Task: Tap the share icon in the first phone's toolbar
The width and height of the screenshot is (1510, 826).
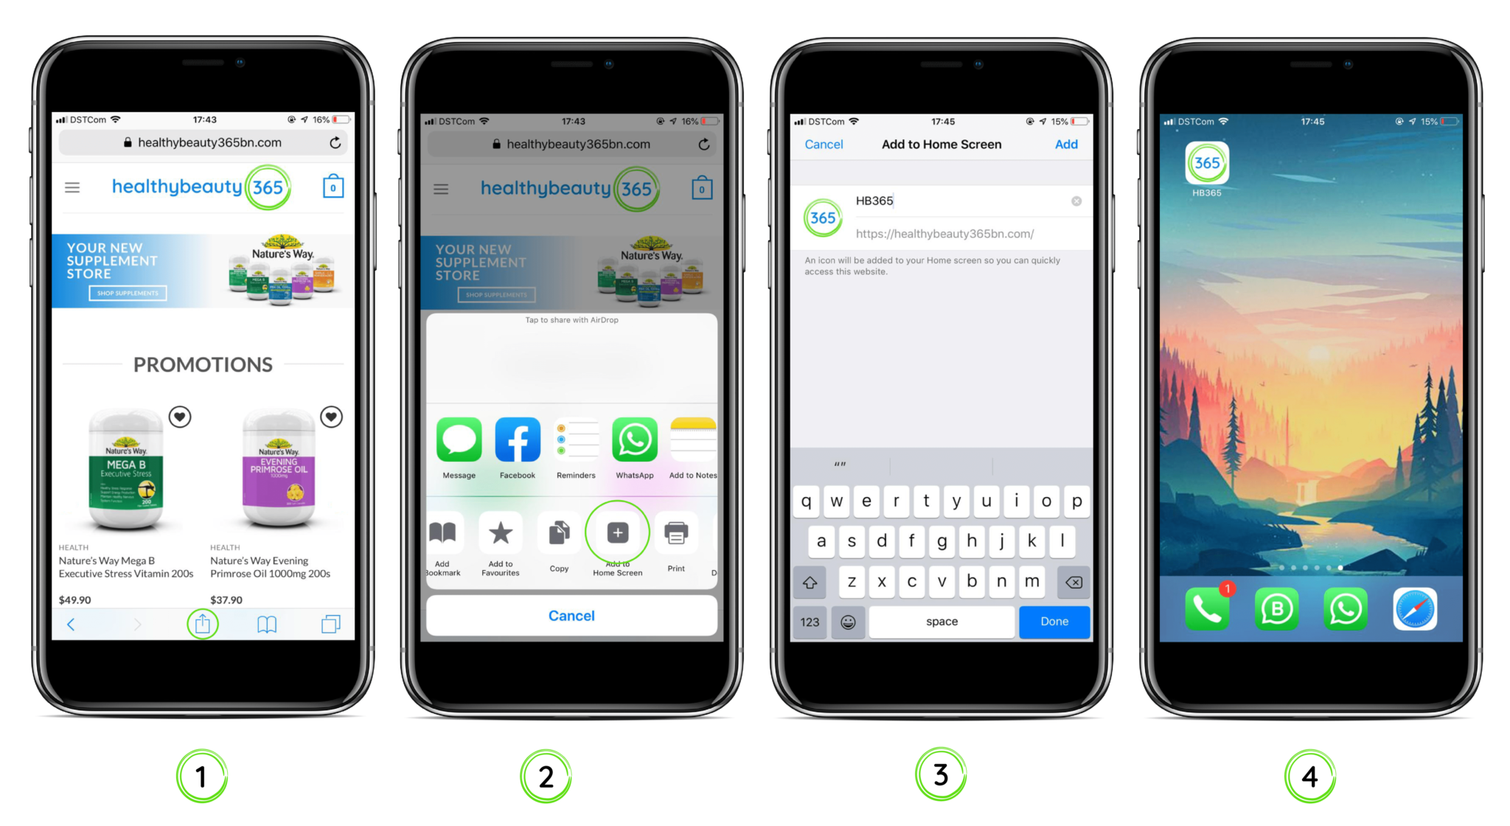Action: (203, 624)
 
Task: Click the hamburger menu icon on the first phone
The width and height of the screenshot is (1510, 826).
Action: (72, 187)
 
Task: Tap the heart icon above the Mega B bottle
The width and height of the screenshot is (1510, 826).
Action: (180, 417)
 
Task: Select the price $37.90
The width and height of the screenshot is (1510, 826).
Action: (226, 600)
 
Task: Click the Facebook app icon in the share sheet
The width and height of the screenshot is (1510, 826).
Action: (517, 440)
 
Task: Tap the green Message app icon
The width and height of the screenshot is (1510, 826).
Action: (459, 440)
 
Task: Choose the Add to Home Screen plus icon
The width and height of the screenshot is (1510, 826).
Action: (618, 532)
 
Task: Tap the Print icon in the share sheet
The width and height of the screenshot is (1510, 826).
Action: (676, 532)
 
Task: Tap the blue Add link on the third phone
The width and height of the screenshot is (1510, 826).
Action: (1065, 145)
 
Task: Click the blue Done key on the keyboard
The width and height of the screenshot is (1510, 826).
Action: (1054, 622)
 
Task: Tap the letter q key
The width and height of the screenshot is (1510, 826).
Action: (806, 502)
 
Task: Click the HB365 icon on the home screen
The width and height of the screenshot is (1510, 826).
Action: (1207, 164)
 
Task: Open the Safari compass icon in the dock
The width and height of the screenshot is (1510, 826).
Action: (1414, 609)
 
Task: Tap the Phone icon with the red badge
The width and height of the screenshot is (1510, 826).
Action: (1207, 609)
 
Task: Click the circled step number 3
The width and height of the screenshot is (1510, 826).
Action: (941, 775)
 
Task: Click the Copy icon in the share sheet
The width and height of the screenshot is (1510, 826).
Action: (559, 532)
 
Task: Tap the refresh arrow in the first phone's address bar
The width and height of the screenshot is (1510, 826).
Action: (335, 142)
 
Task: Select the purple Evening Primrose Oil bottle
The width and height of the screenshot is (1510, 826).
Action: (279, 472)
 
